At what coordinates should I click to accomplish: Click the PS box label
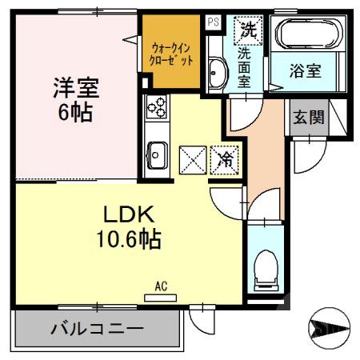213,22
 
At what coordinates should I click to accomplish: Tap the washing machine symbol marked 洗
247,31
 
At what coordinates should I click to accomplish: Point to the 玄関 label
308,118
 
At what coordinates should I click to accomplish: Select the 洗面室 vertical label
247,67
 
